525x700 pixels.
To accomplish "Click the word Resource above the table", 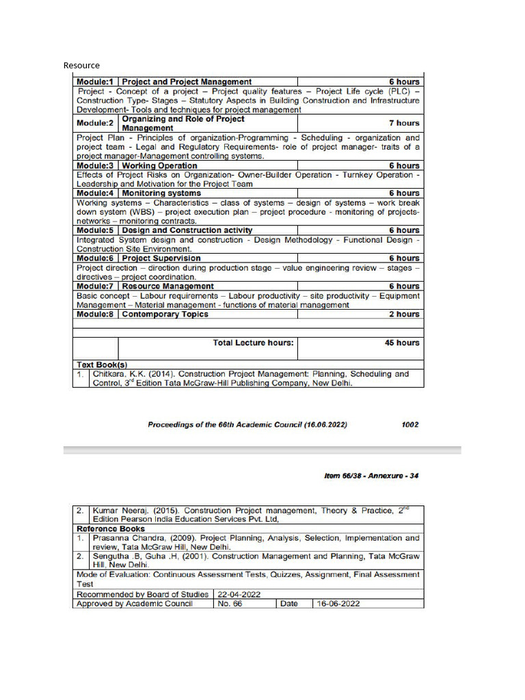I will tap(81, 66).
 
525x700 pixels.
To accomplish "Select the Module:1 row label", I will tap(95, 82).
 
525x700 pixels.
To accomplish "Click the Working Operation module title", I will tap(159, 165).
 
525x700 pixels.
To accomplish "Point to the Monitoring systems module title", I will tap(161, 193).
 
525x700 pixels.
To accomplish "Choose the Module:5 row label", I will tap(95, 230).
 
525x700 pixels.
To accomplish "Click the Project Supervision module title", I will tap(161, 258).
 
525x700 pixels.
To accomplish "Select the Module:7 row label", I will tap(95, 286).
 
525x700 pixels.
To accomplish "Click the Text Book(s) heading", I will tap(102, 365).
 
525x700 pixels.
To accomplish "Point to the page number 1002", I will tap(410, 425).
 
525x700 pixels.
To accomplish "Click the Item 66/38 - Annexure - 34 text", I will tap(371, 476).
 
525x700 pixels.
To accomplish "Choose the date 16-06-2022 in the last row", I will tap(338, 604).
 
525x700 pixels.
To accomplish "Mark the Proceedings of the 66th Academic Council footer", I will tap(247, 425).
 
